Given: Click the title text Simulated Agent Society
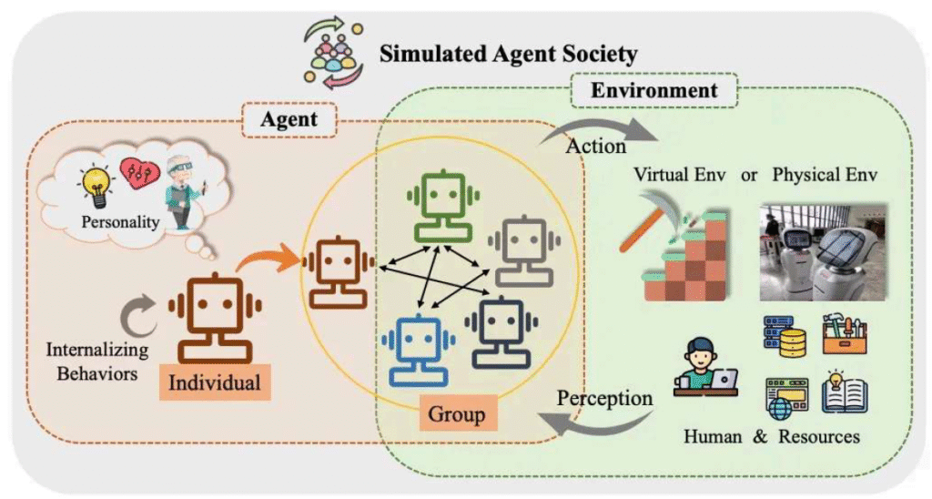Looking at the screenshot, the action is [508, 54].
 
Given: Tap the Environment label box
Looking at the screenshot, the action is [653, 90].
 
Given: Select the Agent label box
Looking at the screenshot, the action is [289, 119].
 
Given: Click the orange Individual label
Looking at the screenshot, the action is [215, 382].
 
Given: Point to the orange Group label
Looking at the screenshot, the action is [457, 414].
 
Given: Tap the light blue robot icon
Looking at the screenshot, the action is [419, 351].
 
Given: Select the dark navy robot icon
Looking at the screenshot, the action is [501, 332].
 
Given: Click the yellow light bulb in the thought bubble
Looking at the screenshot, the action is [96, 187].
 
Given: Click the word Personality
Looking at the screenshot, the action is [121, 222].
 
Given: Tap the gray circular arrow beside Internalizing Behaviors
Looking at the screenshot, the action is [137, 314].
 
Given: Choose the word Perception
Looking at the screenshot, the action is [604, 398].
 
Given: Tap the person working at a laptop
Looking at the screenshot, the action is [705, 368].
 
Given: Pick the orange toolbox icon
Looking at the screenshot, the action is [845, 335].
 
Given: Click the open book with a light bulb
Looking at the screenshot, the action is [844, 392].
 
